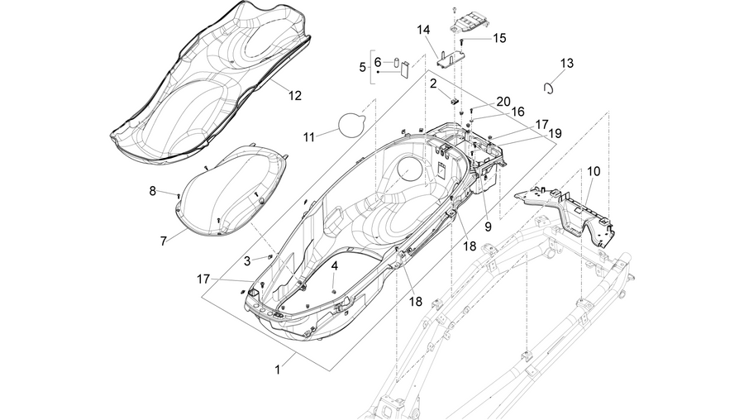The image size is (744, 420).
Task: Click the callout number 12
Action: (294, 95)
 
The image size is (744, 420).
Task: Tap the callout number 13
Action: (566, 63)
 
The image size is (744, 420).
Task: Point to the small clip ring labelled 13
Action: (549, 88)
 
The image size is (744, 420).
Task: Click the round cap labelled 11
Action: (351, 124)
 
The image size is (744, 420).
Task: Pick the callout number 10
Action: (594, 171)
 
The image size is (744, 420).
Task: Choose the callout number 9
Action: (488, 227)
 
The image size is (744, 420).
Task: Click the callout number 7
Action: (163, 241)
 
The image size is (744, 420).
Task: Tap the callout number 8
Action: (152, 191)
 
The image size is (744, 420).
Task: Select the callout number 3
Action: (247, 260)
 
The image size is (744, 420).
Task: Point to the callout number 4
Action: (335, 266)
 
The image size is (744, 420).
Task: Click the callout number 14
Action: (423, 30)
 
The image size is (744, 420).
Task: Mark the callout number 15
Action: (499, 38)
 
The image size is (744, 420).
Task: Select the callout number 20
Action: (503, 102)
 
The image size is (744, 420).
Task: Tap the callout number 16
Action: (517, 112)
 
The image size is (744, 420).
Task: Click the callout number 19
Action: (555, 134)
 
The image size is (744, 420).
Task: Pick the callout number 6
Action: (378, 62)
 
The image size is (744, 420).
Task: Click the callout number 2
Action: (433, 84)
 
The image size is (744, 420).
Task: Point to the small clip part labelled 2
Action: (454, 101)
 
